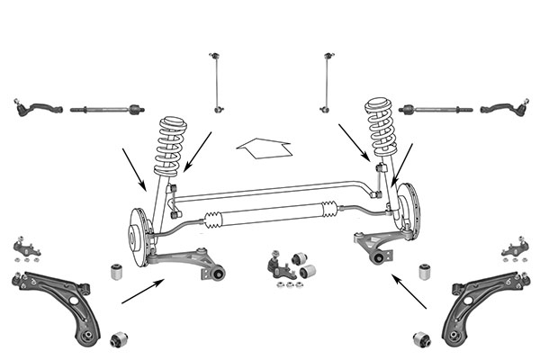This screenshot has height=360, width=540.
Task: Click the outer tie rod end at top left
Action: click(x=34, y=110)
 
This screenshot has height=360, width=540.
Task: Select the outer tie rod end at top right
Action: click(x=504, y=110)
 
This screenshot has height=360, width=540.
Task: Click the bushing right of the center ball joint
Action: click(x=307, y=270)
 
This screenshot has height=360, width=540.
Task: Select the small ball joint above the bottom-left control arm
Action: click(x=27, y=247)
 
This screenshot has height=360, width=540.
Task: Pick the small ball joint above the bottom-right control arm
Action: click(x=512, y=247)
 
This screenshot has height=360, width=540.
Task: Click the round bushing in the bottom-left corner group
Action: click(x=118, y=339)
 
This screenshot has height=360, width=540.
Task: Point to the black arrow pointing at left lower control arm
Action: click(x=142, y=291)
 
